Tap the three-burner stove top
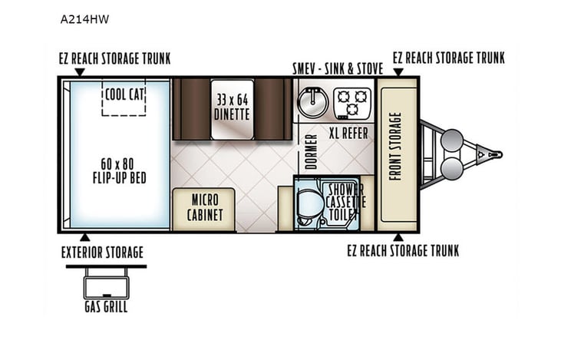click(352, 101)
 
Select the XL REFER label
click(348, 133)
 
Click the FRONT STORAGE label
click(396, 147)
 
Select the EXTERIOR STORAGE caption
click(102, 252)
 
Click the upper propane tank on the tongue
click(452, 140)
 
